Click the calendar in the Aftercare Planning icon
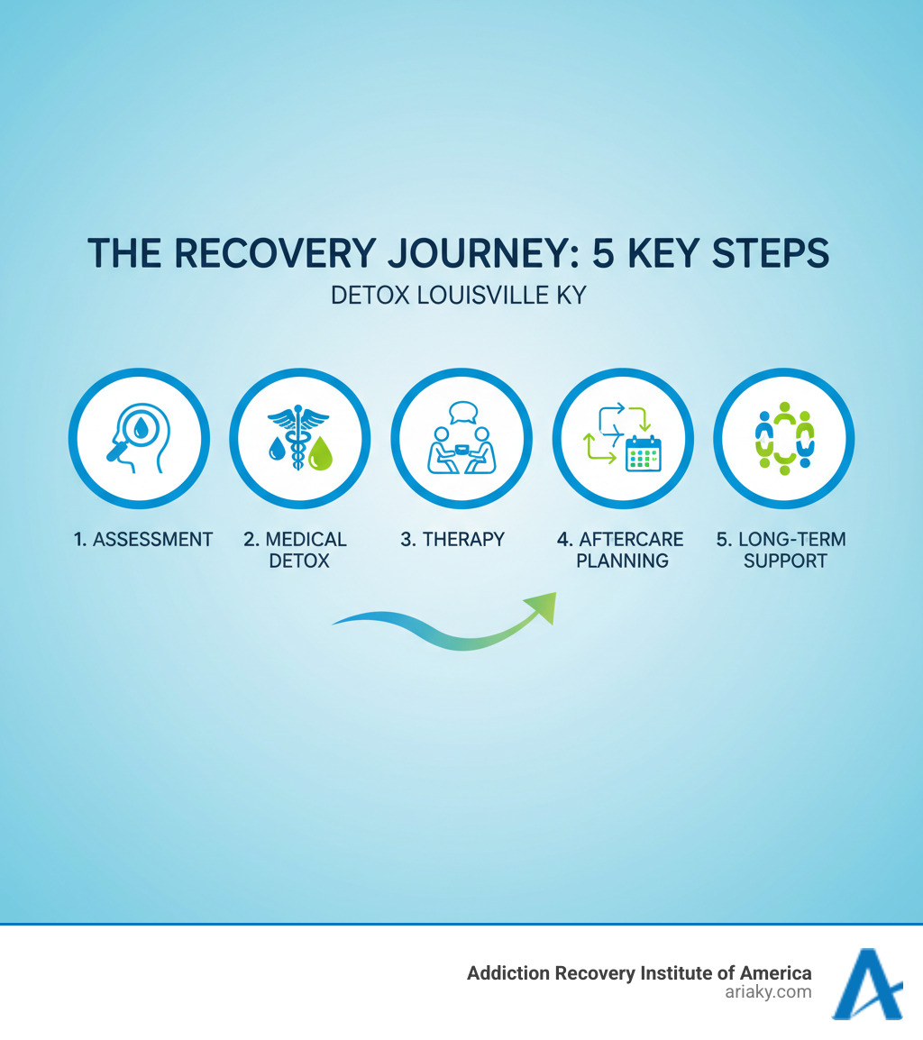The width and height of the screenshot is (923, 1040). [x=644, y=453]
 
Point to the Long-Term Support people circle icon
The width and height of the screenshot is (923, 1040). [x=784, y=439]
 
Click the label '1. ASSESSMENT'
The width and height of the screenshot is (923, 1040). [x=143, y=540]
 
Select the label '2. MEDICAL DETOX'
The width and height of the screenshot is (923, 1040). [x=296, y=550]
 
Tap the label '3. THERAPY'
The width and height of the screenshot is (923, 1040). [x=452, y=540]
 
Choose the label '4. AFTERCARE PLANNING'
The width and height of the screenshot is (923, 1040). [x=620, y=550]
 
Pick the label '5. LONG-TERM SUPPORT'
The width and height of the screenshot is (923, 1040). [x=782, y=550]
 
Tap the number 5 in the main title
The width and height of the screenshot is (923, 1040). [x=603, y=254]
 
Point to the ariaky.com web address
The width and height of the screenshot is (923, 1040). [x=768, y=992]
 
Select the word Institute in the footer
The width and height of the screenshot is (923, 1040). [x=673, y=973]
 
